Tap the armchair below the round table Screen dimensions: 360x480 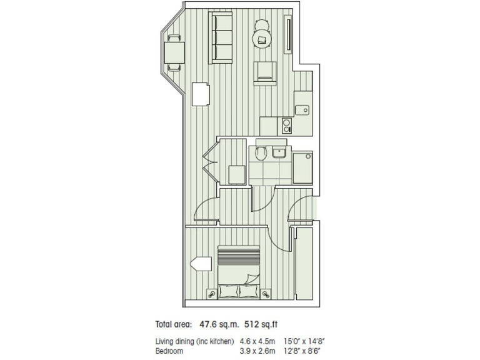pyautogui.click(x=265, y=73)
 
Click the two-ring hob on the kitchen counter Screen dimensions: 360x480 pyautogui.click(x=287, y=126)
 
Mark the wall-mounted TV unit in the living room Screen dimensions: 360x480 pyautogui.click(x=288, y=35)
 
